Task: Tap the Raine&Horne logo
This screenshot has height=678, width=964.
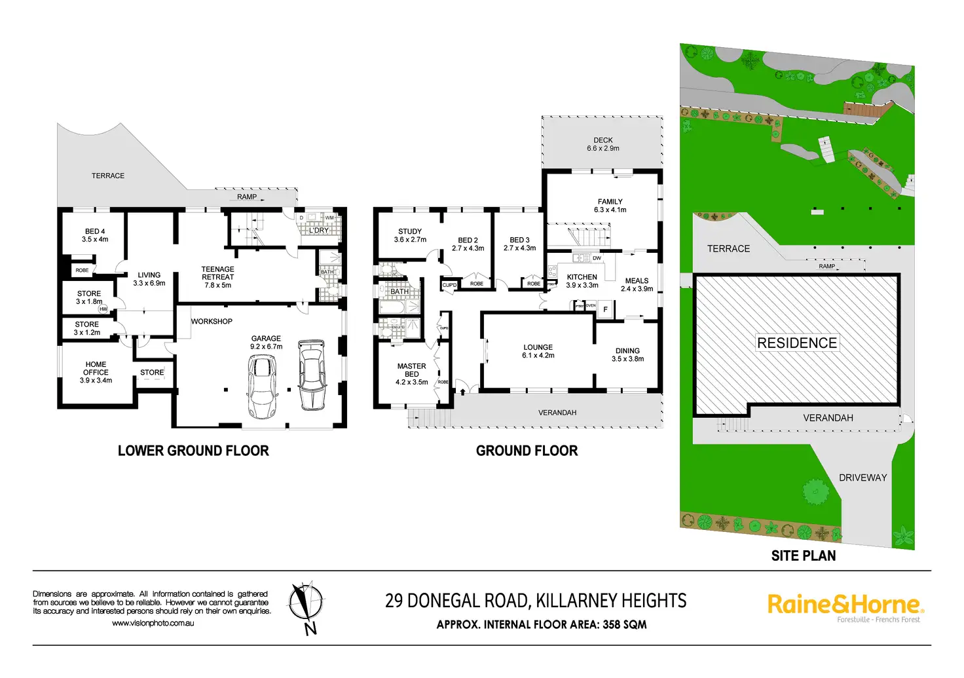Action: click(845, 605)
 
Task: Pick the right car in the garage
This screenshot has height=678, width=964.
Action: click(312, 375)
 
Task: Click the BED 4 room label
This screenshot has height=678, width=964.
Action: click(95, 235)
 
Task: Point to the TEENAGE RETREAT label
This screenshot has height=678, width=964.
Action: click(217, 277)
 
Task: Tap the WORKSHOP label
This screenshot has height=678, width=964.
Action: click(212, 322)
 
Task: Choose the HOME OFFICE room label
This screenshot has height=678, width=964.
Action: click(96, 372)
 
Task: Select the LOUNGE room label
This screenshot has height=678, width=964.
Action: click(538, 351)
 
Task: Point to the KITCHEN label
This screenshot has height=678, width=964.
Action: click(582, 281)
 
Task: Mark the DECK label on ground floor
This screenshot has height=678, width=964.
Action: click(603, 144)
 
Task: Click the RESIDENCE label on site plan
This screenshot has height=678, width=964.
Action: click(797, 343)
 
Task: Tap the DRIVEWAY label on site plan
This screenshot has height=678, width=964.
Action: click(862, 478)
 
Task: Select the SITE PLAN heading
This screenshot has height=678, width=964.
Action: click(804, 556)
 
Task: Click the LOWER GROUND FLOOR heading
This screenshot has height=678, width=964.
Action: click(193, 451)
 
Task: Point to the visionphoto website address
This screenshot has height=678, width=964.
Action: click(153, 623)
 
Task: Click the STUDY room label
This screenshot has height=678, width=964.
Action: click(410, 235)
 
